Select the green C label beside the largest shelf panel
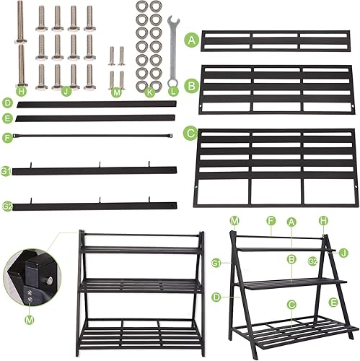pyautogui.click(x=190, y=133)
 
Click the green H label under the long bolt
pyautogui.click(x=21, y=92)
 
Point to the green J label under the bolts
pyautogui.click(x=66, y=92)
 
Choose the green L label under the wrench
pyautogui.click(x=172, y=92)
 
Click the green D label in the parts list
pyautogui.click(x=6, y=104)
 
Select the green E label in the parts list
pyautogui.click(x=6, y=118)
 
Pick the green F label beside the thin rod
pyautogui.click(x=6, y=136)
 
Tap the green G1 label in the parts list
pyautogui.click(x=6, y=171)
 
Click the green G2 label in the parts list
pyautogui.click(x=6, y=206)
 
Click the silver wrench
pyautogui.click(x=172, y=47)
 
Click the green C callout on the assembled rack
pyautogui.click(x=291, y=304)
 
